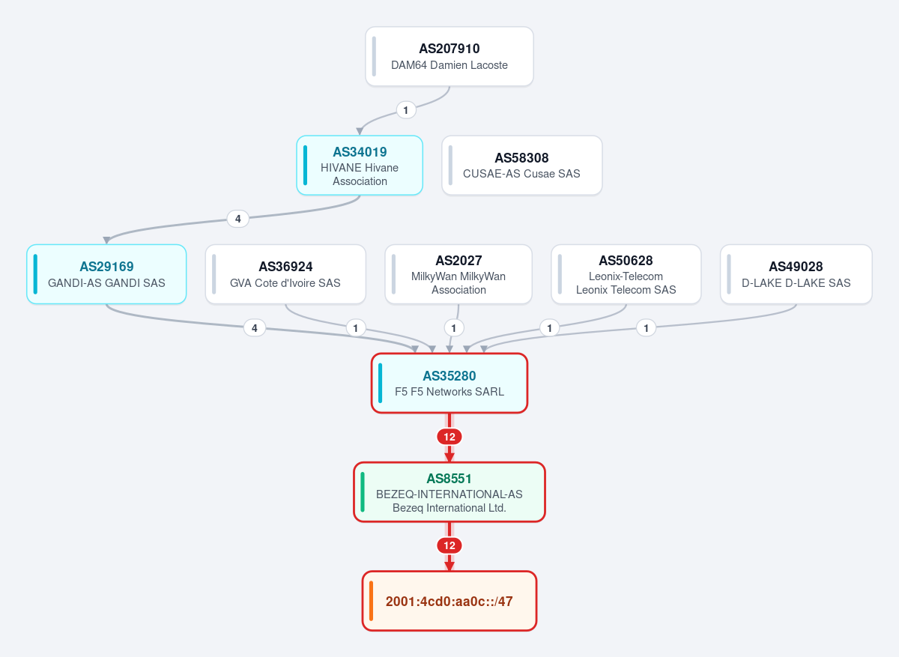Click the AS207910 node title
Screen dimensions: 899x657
(x=449, y=49)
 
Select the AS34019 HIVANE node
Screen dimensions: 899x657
(x=360, y=166)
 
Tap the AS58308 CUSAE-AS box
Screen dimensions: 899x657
(x=521, y=166)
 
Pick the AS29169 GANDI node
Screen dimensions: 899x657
(x=106, y=274)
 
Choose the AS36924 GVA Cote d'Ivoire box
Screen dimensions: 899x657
(x=285, y=274)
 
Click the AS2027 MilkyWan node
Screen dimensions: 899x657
(x=458, y=274)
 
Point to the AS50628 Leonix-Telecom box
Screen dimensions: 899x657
(x=626, y=274)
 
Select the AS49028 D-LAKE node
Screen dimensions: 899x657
(x=796, y=274)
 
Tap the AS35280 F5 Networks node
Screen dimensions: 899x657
(x=449, y=383)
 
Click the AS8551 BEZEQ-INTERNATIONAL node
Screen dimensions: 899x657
(x=449, y=492)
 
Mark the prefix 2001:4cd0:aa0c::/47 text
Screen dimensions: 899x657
(x=449, y=602)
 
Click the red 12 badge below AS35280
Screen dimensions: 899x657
(x=449, y=437)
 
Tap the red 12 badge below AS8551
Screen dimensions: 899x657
(x=449, y=545)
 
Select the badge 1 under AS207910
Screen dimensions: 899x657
(x=406, y=110)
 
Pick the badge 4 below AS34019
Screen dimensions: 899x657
(x=238, y=219)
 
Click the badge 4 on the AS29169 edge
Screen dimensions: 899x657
(x=255, y=328)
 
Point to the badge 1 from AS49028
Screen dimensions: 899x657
(x=646, y=328)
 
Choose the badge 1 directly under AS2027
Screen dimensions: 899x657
(x=454, y=328)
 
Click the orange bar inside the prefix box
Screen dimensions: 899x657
(x=372, y=601)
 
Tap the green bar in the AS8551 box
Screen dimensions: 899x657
(x=363, y=492)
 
